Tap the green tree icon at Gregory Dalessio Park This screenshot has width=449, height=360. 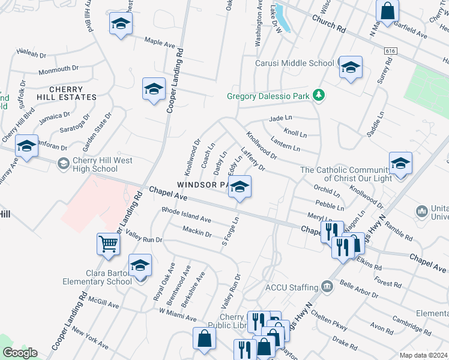(319, 95)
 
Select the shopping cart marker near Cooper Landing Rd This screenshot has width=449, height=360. (109, 244)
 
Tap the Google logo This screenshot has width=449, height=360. (20, 353)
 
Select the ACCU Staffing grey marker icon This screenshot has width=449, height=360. (327, 287)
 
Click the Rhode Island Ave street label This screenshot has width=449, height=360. (186, 215)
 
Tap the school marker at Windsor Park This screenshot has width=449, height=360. (240, 187)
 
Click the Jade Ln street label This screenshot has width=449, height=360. (280, 119)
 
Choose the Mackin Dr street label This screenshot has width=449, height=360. (197, 232)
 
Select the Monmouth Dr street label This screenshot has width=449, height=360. (59, 71)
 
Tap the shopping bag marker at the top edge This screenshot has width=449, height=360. (388, 10)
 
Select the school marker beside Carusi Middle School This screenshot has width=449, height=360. (349, 67)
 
